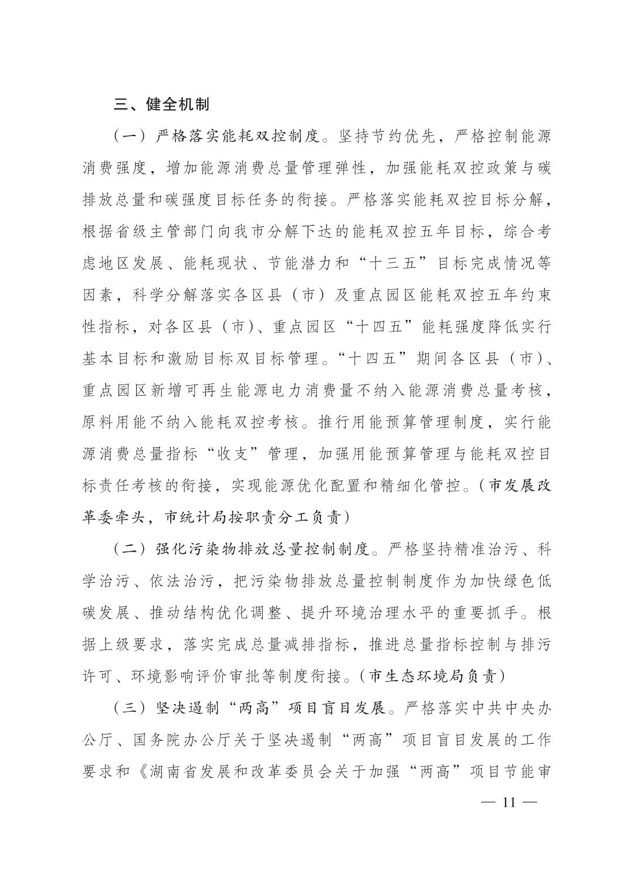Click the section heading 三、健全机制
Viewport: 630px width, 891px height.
(161, 105)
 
